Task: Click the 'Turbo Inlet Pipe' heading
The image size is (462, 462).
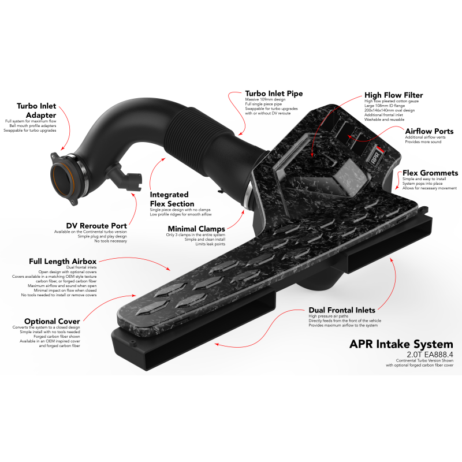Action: [274, 94]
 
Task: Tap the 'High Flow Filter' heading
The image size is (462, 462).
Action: [393, 95]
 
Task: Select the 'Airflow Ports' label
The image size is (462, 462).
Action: [429, 131]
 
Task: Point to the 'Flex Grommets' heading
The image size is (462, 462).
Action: [430, 173]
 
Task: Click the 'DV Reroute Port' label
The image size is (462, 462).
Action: [96, 226]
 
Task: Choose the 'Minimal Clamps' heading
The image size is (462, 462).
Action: [196, 229]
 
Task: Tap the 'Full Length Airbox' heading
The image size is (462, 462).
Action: [62, 262]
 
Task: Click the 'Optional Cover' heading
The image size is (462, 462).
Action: [52, 321]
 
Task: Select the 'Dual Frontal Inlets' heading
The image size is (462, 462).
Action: [342, 310]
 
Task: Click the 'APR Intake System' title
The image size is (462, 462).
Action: [401, 344]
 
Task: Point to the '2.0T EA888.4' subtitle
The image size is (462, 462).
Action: [430, 355]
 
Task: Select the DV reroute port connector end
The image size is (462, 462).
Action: [135, 182]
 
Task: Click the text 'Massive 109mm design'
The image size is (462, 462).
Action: [265, 99]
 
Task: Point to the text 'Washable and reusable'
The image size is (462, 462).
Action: [384, 120]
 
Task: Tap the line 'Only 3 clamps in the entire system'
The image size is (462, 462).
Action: [196, 235]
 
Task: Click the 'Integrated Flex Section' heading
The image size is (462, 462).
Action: [172, 199]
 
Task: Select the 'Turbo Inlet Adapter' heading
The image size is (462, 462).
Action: [36, 110]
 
